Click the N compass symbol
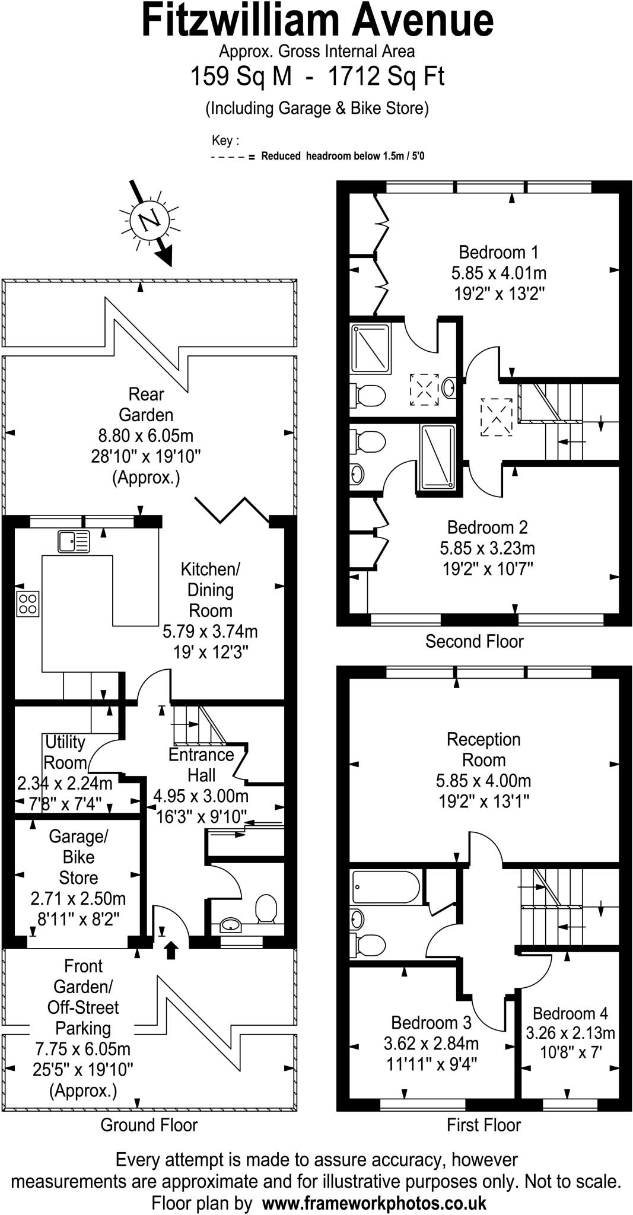coord(149,220)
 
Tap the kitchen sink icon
coord(74,542)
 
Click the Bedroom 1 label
coord(498,253)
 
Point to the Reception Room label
coord(484,750)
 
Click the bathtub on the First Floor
coord(384,888)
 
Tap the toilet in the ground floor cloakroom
coord(266,908)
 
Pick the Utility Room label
coord(65,752)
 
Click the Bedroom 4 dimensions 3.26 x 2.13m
coord(570,1033)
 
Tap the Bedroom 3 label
coord(431,1023)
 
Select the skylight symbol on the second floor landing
coord(497,417)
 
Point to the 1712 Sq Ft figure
coord(386,77)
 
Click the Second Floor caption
coord(474,641)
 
